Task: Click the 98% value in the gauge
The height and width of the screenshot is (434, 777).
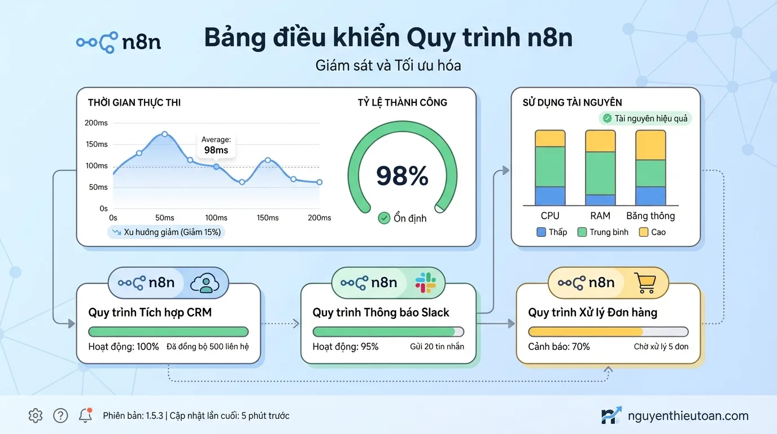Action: pyautogui.click(x=402, y=176)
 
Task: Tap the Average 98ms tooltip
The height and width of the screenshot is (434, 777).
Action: pyautogui.click(x=216, y=145)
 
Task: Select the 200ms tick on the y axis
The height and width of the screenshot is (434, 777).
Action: pyautogui.click(x=96, y=123)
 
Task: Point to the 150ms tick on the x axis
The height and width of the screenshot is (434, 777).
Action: pyautogui.click(x=267, y=218)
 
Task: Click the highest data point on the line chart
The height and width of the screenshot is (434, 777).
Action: pyautogui.click(x=164, y=134)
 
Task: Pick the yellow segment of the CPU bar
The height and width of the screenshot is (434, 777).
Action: pyautogui.click(x=550, y=138)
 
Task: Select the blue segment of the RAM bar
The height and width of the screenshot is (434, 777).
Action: pyautogui.click(x=600, y=200)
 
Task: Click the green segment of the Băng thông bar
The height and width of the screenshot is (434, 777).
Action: pyautogui.click(x=651, y=173)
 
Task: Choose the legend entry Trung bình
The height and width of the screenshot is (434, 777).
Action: pyautogui.click(x=603, y=232)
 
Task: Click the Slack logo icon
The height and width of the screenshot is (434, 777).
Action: pyautogui.click(x=425, y=283)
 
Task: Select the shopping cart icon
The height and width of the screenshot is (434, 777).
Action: pyautogui.click(x=644, y=283)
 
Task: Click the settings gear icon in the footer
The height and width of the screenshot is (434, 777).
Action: pyautogui.click(x=36, y=416)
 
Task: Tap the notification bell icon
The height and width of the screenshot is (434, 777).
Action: pyautogui.click(x=85, y=416)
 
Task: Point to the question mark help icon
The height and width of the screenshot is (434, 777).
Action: pyautogui.click(x=60, y=416)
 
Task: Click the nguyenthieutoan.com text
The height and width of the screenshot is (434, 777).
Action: pyautogui.click(x=688, y=416)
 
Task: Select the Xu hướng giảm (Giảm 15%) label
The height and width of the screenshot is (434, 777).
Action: pyautogui.click(x=166, y=232)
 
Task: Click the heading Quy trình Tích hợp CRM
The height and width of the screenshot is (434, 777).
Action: pyautogui.click(x=150, y=313)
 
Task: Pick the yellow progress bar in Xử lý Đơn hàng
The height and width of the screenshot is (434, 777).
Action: pyautogui.click(x=585, y=332)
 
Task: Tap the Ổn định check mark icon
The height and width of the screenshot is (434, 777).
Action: pyautogui.click(x=384, y=218)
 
